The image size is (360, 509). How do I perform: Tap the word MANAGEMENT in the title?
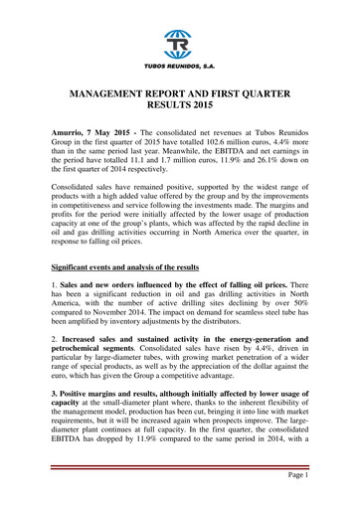point(117,92)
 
